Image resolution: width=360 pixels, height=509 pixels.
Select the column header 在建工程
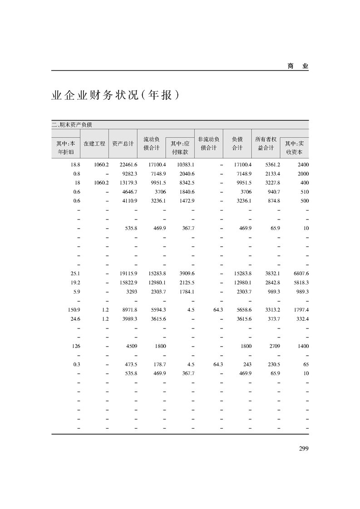tap(94, 143)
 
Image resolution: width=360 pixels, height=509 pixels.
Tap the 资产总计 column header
tap(123, 143)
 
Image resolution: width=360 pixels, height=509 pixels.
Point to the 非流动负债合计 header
tap(209, 143)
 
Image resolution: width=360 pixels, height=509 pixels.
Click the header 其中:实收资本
tap(294, 148)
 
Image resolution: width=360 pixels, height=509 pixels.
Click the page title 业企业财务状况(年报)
tap(113, 96)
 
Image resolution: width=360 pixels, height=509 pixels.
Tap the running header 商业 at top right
tap(298, 66)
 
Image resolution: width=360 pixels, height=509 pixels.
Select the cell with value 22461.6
tap(128, 164)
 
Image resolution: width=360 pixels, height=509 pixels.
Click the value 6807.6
tap(299, 274)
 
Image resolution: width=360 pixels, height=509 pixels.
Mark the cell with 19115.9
tap(128, 274)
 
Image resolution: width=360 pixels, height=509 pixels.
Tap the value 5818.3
tap(299, 282)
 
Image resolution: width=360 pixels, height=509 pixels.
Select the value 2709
tap(274, 346)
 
